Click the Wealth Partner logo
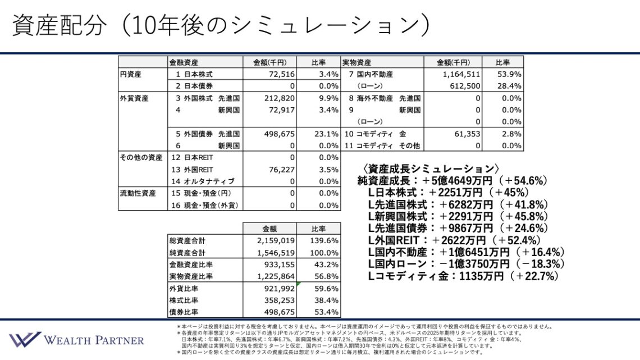coord(76,340)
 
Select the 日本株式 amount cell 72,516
coord(280,74)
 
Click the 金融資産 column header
coord(184,62)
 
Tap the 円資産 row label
coord(130,74)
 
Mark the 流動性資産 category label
coord(138,193)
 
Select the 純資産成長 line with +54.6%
coord(452,181)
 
